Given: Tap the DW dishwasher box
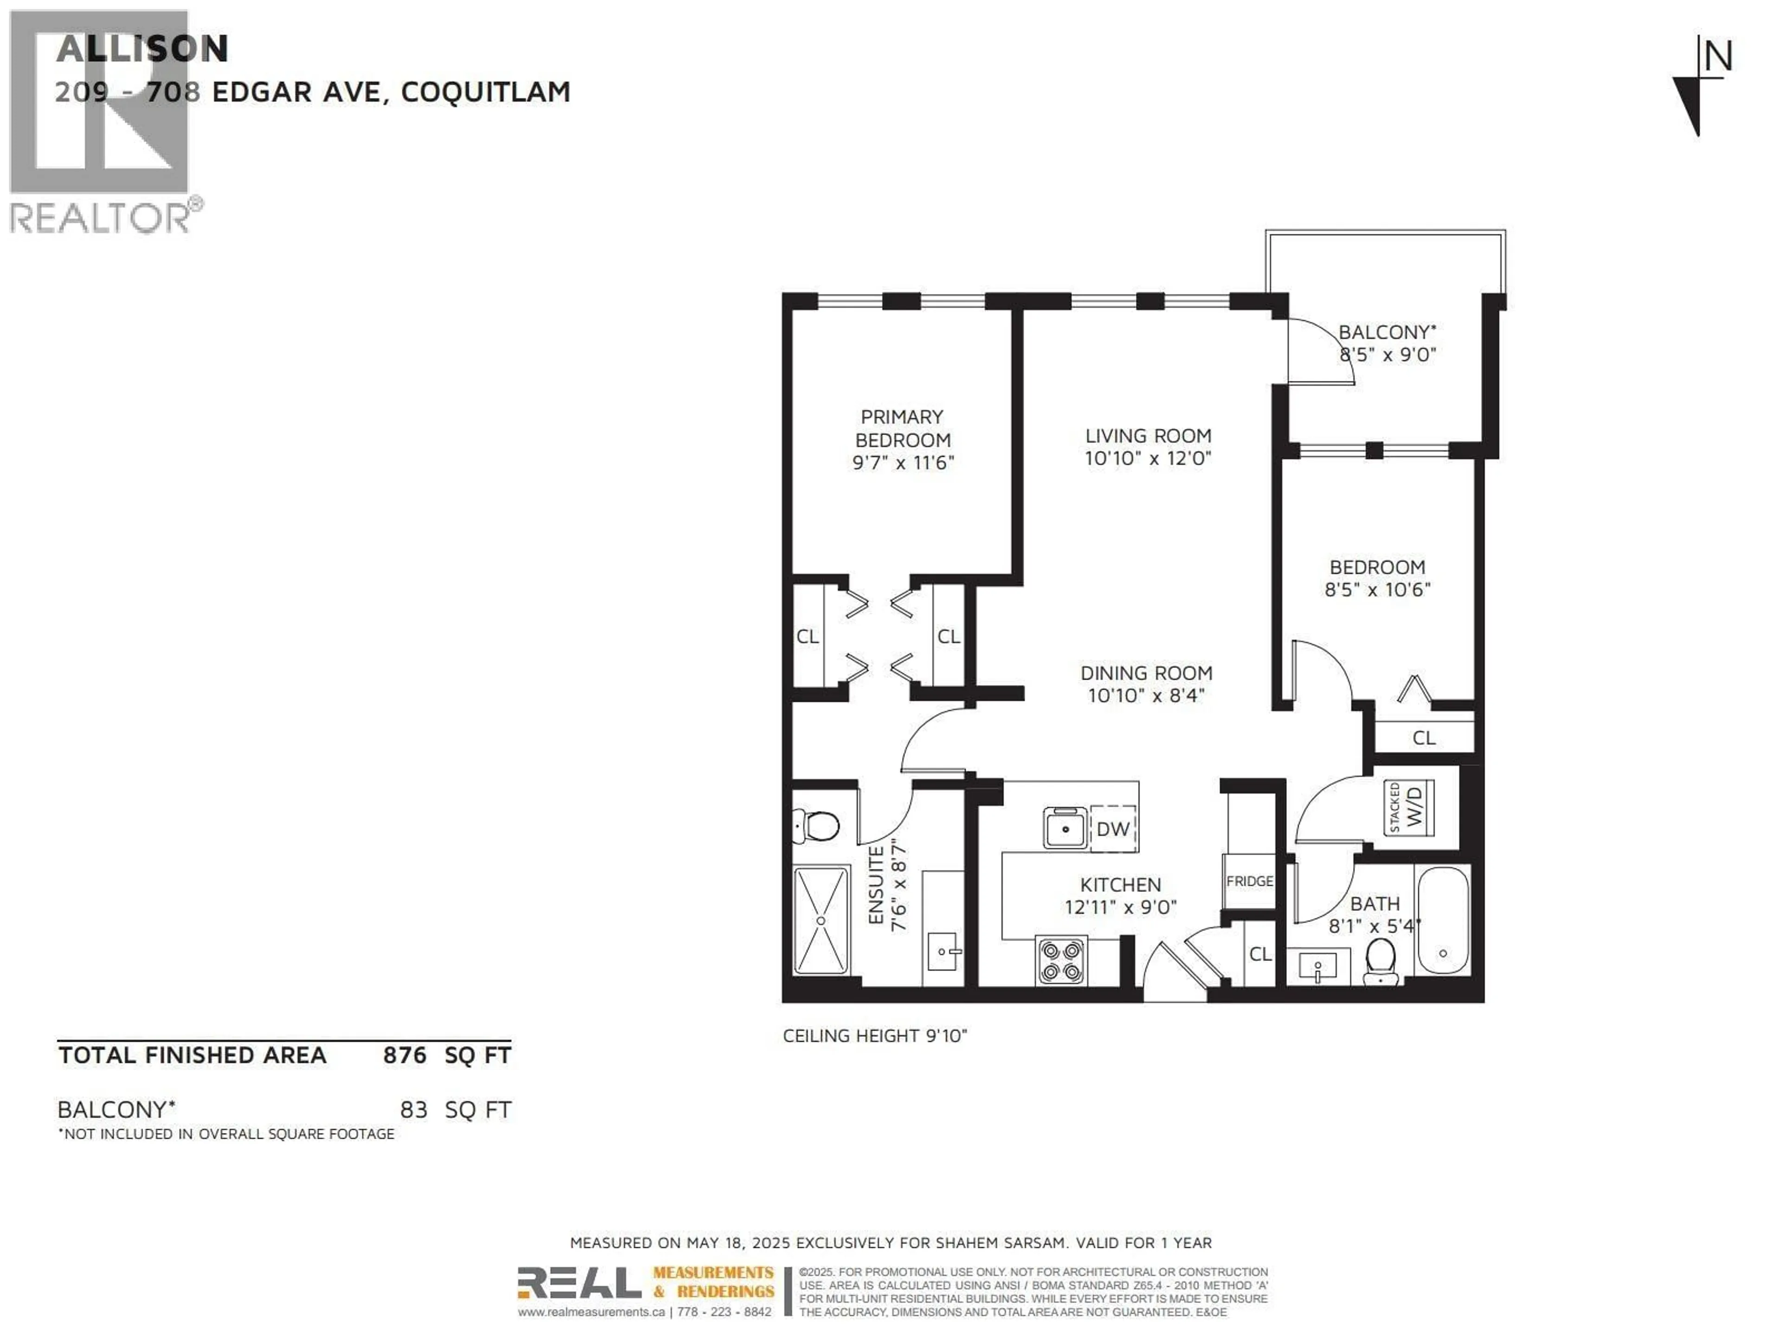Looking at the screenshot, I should click(1112, 829).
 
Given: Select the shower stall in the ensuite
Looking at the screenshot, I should click(821, 920).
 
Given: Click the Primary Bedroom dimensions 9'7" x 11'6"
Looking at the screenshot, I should click(903, 462).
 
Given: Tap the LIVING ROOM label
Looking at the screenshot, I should click(1148, 436).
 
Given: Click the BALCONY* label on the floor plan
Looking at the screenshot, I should click(1387, 332).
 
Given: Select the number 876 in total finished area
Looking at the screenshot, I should click(404, 1056).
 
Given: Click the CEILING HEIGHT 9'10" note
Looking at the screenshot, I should click(875, 1036).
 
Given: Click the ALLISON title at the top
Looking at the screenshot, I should click(142, 49).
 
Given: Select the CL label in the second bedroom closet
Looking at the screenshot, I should click(1423, 737).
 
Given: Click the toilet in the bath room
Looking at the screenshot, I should click(1381, 961).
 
